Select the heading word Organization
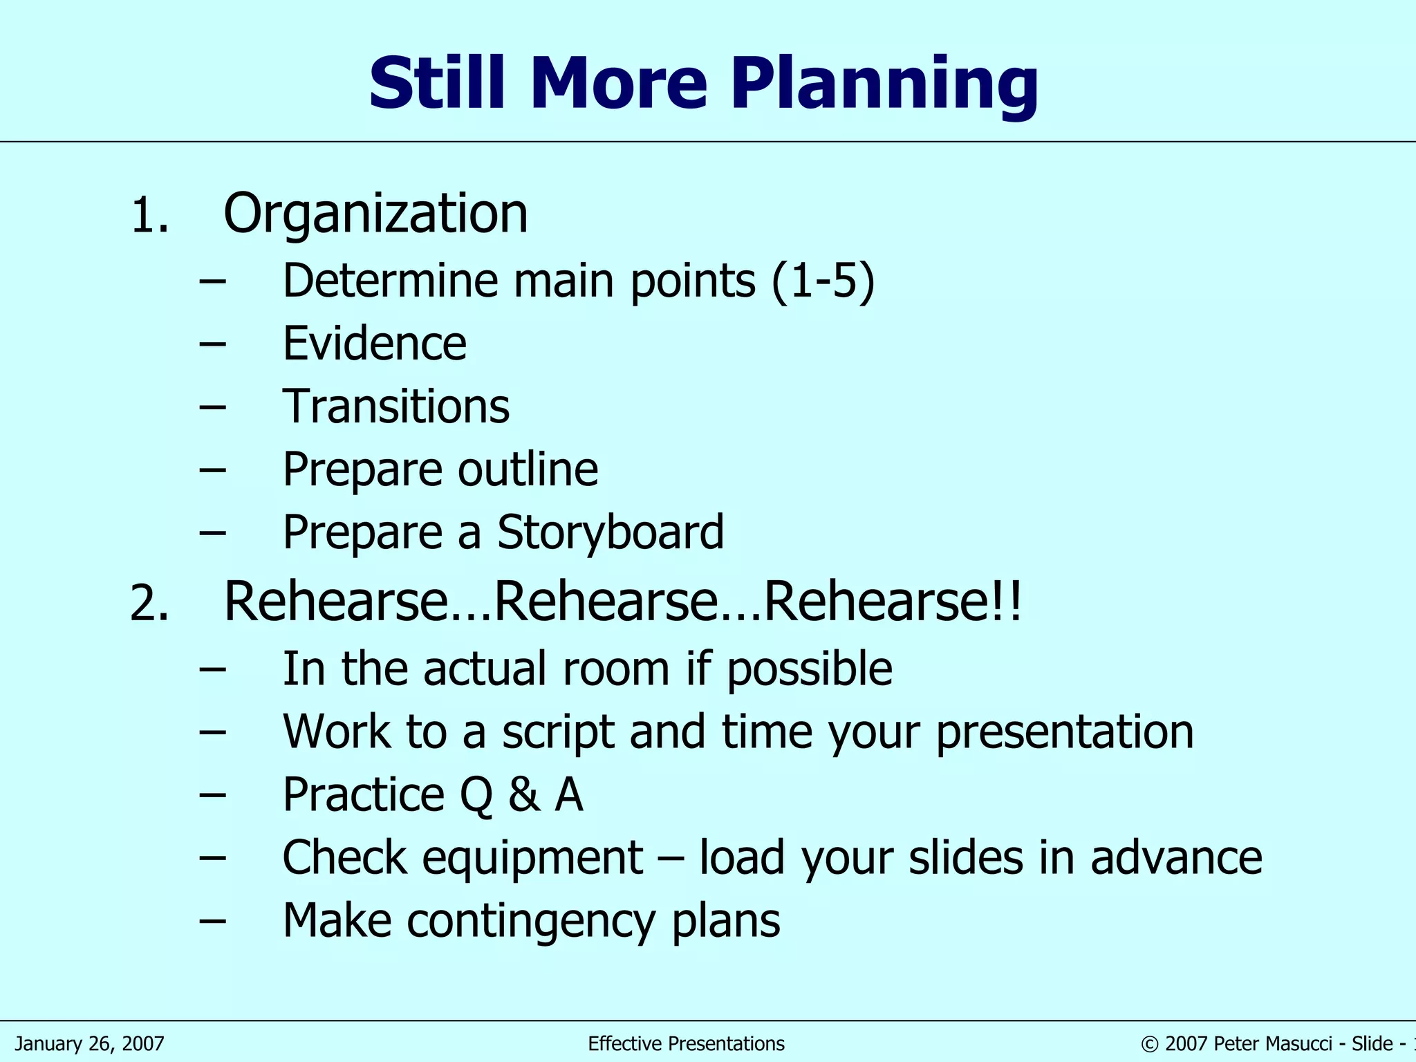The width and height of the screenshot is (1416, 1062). [375, 214]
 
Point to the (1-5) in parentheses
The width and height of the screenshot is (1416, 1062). [823, 281]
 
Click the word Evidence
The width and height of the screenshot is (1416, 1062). [375, 344]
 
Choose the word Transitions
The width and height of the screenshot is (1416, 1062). [396, 407]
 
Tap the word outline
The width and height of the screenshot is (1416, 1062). [528, 469]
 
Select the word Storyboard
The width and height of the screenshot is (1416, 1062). [611, 532]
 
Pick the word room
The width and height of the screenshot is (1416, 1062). [615, 669]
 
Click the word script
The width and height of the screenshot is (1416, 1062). [558, 732]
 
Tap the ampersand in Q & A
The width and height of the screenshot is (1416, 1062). [524, 794]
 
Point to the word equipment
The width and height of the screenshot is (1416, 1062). [532, 858]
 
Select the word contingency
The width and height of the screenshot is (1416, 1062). [530, 921]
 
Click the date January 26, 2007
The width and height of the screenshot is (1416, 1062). [90, 1043]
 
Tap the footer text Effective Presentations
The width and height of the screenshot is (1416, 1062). [686, 1043]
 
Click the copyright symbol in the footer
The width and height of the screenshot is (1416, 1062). [1150, 1044]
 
